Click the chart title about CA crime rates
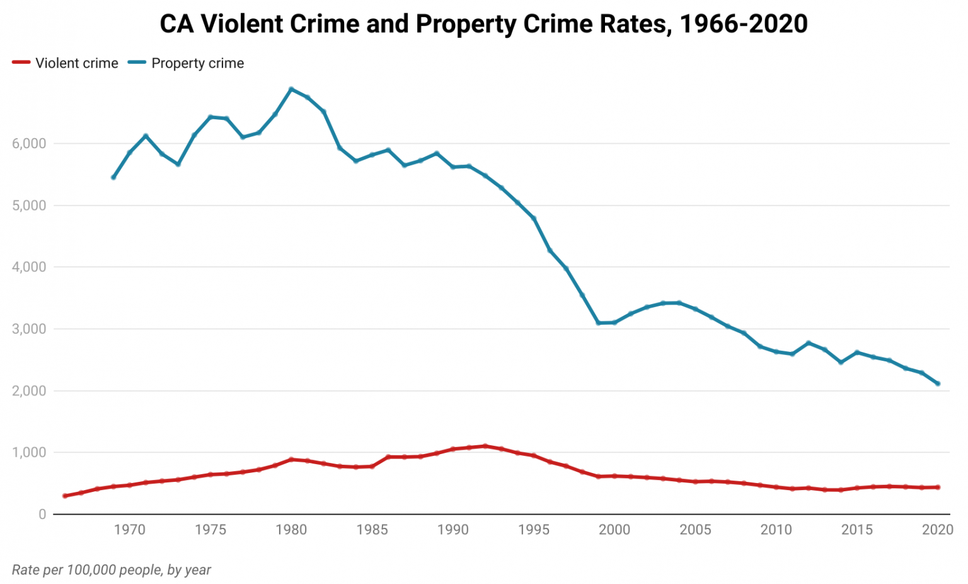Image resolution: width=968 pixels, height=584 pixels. click(483, 24)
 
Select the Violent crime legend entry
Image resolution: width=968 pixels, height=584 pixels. click(66, 63)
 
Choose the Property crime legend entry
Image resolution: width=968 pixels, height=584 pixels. click(186, 63)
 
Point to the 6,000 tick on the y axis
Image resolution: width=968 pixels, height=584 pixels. click(29, 144)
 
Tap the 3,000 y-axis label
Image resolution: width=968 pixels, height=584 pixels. click(29, 329)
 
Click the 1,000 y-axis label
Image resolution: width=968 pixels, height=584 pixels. click(29, 453)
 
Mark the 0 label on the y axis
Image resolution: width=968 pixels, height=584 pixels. click(42, 515)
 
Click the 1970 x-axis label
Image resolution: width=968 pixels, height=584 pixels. click(129, 530)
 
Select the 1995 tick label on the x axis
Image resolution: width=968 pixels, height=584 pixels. click(534, 530)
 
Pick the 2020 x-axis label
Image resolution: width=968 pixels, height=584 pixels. click(938, 530)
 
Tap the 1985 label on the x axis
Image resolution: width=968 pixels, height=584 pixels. click(372, 530)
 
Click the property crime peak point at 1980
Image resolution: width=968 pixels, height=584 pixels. click(291, 89)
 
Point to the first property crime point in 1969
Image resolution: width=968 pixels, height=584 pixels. click(113, 177)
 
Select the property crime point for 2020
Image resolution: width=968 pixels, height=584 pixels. click(938, 383)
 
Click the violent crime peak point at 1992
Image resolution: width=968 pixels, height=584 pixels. click(485, 446)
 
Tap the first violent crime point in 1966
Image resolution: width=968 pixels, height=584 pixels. click(65, 496)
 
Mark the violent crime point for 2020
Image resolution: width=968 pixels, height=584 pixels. click(938, 487)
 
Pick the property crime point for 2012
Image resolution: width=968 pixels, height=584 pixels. click(809, 342)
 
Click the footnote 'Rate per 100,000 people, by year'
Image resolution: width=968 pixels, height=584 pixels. click(112, 570)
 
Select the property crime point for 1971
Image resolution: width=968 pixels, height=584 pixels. click(146, 136)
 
